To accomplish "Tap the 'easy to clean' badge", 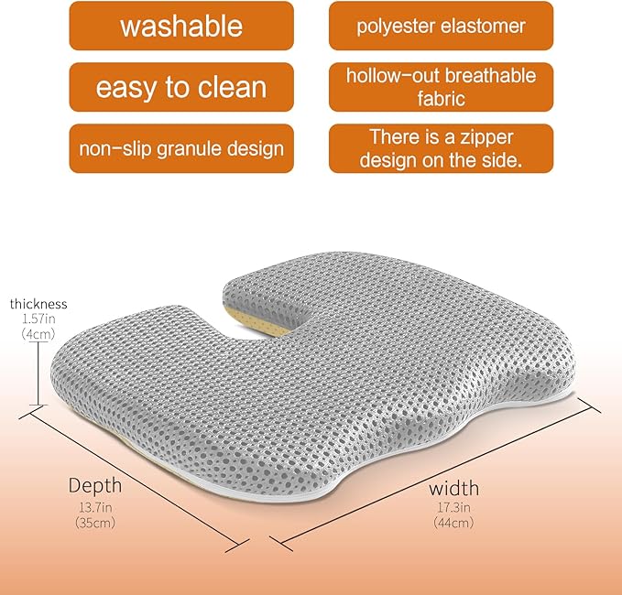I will coord(181,87).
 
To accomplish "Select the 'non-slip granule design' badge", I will coord(181,148).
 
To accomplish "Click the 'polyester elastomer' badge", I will coord(441,26).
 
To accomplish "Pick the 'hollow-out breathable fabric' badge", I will coord(441,87).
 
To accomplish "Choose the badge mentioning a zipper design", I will coord(441,148).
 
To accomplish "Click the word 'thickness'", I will coord(38,304).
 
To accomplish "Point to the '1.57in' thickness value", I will coord(38,319).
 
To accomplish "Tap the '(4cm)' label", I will coord(38,335).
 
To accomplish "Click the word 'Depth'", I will coord(95,484).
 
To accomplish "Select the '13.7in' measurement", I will coord(94,508).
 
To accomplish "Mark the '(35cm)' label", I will coord(94,524).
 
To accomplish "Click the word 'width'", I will coord(453,488).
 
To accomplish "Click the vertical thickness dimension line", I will coord(38,375).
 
